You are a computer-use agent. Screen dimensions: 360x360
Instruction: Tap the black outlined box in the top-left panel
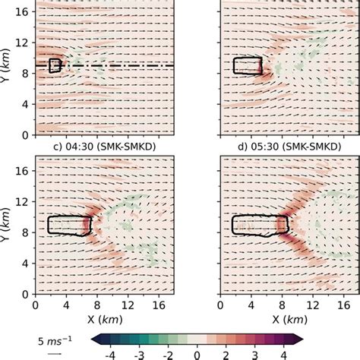tap(54, 65)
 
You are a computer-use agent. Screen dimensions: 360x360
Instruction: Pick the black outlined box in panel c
tap(68, 225)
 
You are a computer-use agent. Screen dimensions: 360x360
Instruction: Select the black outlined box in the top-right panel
tap(248, 65)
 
